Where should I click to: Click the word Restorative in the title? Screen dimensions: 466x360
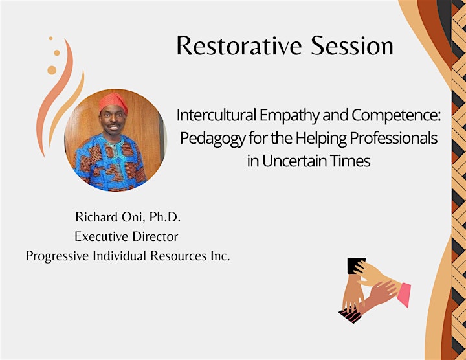click(x=239, y=45)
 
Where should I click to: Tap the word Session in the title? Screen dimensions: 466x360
click(x=352, y=45)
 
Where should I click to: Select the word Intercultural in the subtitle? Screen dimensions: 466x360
click(x=216, y=115)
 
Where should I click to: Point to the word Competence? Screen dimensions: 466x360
click(x=397, y=116)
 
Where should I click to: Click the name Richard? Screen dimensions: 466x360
click(x=97, y=217)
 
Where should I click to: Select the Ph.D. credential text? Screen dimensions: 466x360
click(x=165, y=217)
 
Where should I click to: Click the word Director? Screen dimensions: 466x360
click(x=155, y=236)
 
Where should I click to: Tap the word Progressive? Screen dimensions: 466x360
click(x=57, y=256)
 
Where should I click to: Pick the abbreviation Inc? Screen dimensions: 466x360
click(x=221, y=256)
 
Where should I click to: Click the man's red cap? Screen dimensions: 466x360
click(x=113, y=102)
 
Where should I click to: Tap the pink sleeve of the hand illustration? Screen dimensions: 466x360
click(x=404, y=295)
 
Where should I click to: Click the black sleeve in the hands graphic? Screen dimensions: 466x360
click(x=355, y=265)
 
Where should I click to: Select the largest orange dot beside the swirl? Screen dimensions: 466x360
click(x=52, y=70)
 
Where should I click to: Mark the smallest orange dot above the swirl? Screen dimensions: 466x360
click(x=51, y=38)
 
